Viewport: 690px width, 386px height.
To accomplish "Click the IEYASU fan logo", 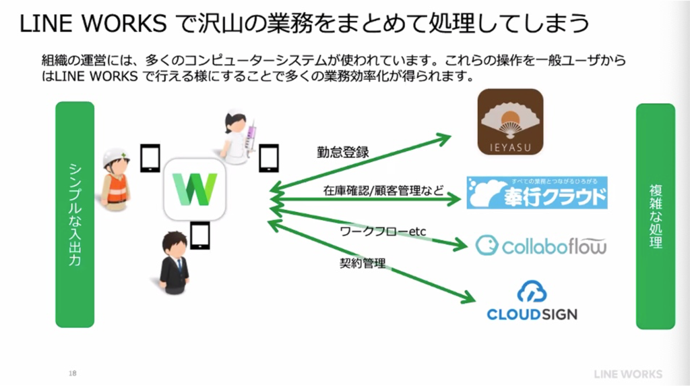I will [510, 122].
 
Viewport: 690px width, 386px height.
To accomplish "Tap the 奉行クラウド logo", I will [536, 193].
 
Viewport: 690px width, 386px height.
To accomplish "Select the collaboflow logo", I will [540, 245].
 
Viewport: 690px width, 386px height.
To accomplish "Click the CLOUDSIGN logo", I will [532, 302].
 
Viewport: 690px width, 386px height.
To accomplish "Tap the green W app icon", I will [194, 190].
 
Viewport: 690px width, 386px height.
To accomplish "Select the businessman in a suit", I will [174, 263].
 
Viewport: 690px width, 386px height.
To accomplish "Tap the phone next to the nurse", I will [269, 159].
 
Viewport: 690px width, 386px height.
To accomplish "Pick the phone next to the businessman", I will [200, 237].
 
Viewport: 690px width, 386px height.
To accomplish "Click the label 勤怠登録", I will [343, 152].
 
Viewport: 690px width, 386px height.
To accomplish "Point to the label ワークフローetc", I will [382, 231].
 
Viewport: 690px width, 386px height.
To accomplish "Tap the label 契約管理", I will [362, 263].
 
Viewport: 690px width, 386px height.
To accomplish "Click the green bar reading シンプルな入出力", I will [74, 214].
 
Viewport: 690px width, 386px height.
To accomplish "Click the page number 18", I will [73, 373].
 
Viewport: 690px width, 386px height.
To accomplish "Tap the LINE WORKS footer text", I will [628, 374].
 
